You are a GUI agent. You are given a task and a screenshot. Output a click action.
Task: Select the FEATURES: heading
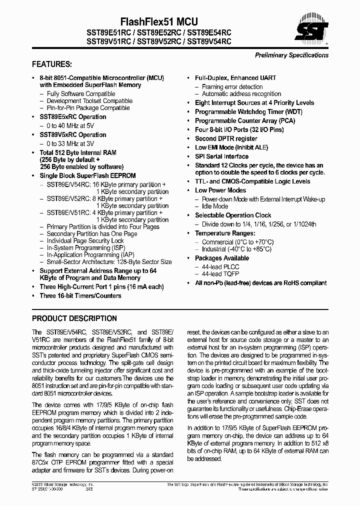52,64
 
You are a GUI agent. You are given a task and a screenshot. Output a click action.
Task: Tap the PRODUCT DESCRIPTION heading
74,318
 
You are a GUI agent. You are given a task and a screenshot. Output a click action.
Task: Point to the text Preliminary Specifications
291,55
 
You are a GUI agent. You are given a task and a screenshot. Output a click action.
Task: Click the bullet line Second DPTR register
226,138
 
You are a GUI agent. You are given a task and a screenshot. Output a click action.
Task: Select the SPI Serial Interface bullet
221,156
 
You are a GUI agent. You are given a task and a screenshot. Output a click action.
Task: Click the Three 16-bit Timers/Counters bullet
80,295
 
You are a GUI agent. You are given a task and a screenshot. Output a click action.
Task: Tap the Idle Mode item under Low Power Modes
214,206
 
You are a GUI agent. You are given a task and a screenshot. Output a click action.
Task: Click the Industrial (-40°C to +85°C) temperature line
236,249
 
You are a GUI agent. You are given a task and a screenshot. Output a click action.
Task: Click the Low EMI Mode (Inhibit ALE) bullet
231,147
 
